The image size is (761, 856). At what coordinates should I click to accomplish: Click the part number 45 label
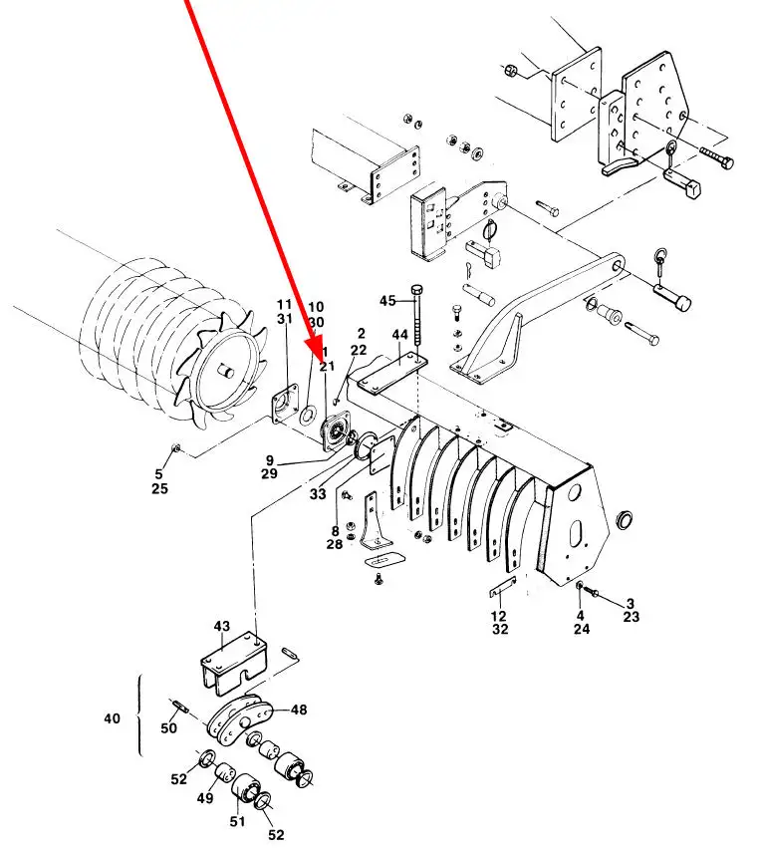pos(387,301)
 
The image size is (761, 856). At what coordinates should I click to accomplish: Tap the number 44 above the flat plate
pos(399,335)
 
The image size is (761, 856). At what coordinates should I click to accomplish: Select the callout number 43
pos(222,626)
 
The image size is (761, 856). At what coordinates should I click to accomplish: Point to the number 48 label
pos(299,710)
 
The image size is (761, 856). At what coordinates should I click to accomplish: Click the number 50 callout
pos(168,727)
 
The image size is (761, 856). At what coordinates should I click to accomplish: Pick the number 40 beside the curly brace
pos(112,718)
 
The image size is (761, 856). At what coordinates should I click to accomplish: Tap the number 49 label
pos(205,798)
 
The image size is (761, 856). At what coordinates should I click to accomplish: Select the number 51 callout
pos(237,821)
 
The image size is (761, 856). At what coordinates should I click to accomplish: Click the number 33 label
pos(318,494)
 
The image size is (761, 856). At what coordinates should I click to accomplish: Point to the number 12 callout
pos(499,616)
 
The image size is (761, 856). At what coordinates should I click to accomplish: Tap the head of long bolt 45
pos(418,289)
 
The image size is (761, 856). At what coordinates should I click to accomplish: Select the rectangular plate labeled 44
pos(392,372)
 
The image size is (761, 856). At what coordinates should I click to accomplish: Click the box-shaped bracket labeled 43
pos(234,663)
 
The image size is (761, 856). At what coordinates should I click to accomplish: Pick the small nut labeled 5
pos(176,448)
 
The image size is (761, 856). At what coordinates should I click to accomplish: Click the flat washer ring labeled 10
pos(308,415)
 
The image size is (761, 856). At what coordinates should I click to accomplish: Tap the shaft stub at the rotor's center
pos(224,372)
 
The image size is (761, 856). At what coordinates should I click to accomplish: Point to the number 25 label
pos(159,488)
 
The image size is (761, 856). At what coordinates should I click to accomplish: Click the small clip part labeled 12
pos(503,587)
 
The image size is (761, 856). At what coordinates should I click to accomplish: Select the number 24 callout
pos(582,629)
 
